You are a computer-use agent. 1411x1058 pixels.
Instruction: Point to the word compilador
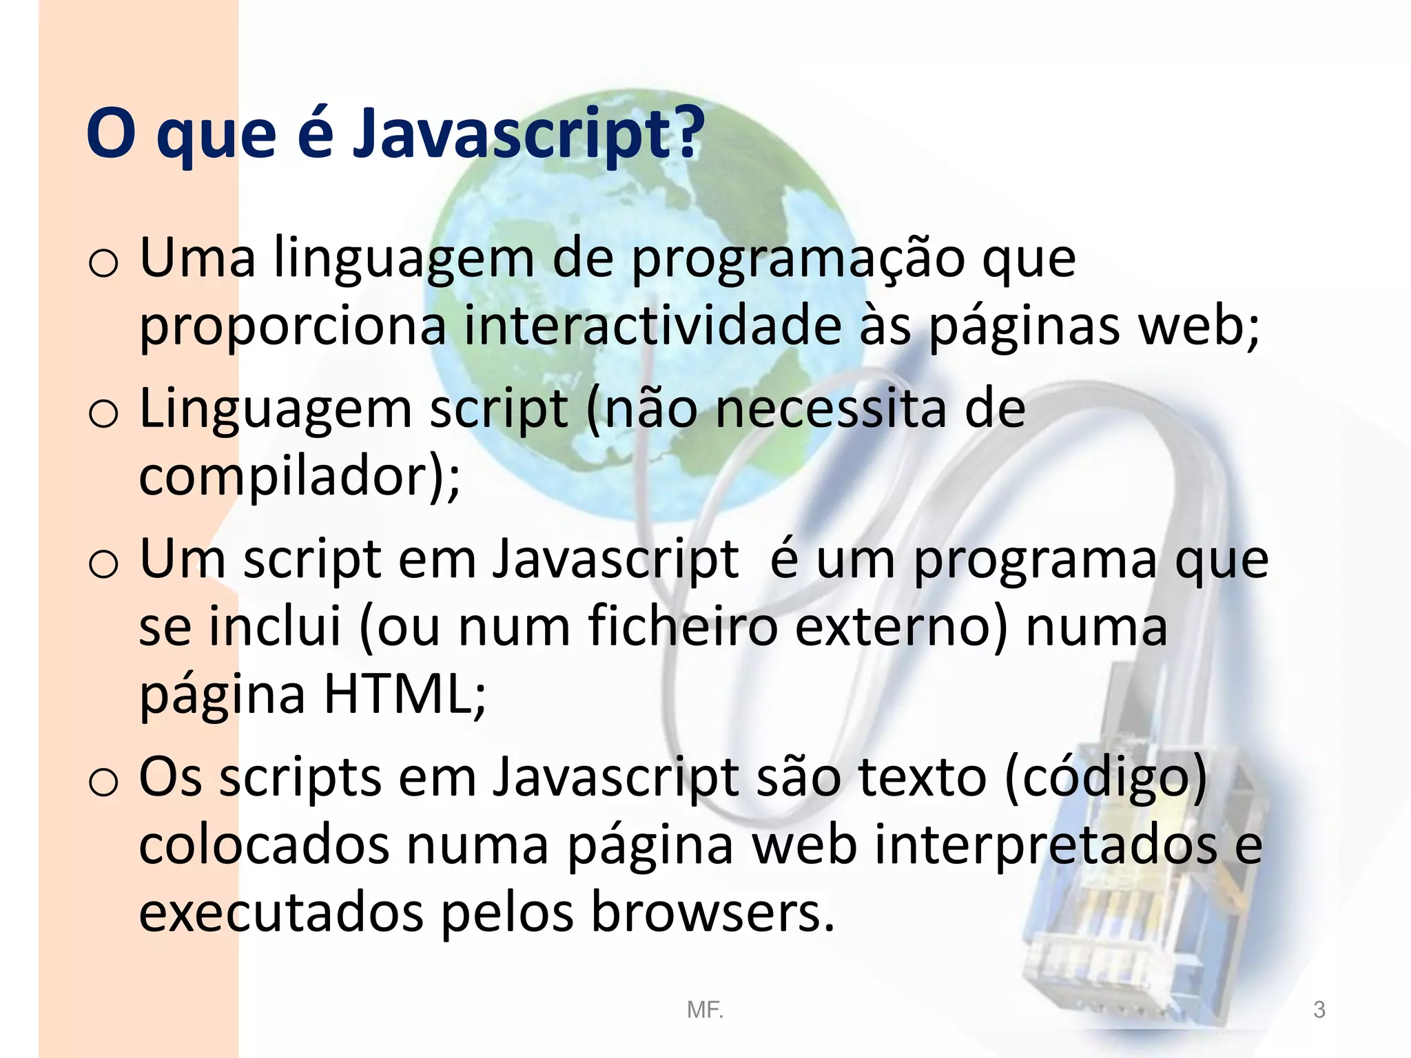click(x=289, y=477)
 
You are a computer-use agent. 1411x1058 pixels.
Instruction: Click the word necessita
click(x=831, y=410)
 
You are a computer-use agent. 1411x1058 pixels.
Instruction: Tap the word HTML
click(x=396, y=694)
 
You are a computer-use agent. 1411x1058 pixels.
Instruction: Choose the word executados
click(x=281, y=913)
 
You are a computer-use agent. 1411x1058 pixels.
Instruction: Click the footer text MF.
click(x=705, y=1010)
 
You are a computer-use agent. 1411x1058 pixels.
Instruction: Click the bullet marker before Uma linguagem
click(x=103, y=265)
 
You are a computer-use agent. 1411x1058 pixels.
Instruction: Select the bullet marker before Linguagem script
click(x=103, y=415)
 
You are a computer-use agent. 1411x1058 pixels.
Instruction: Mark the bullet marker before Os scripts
click(x=103, y=783)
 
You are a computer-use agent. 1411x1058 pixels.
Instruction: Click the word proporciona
click(x=293, y=327)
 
